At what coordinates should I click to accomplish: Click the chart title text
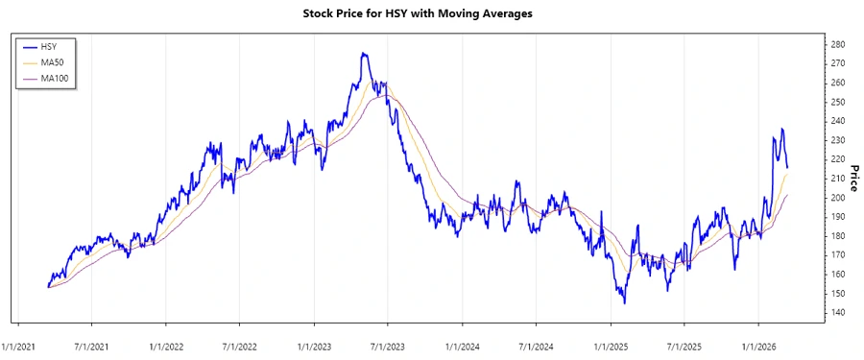click(x=432, y=13)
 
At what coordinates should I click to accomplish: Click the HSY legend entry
click(x=53, y=46)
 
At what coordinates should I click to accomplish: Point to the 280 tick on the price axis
click(x=837, y=44)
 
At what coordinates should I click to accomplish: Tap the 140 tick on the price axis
click(x=837, y=313)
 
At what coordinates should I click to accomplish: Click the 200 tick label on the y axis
click(x=837, y=198)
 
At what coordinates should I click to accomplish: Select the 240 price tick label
click(x=837, y=121)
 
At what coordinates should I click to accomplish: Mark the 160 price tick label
click(x=837, y=275)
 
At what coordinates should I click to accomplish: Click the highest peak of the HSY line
click(x=363, y=54)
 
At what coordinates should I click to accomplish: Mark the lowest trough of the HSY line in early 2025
click(x=625, y=303)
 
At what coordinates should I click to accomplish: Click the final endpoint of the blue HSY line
click(x=787, y=168)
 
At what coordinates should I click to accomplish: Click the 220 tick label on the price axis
click(x=837, y=159)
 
